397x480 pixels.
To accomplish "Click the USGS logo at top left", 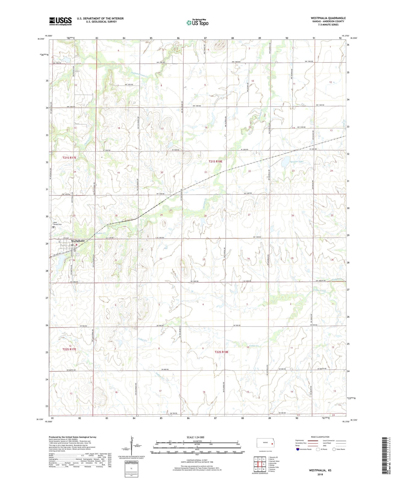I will point(60,21).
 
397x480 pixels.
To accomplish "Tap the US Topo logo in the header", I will point(197,23).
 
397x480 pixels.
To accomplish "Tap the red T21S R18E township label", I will point(215,162).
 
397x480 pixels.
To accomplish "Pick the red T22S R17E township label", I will point(69,349).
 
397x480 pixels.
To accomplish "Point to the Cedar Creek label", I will point(319,291).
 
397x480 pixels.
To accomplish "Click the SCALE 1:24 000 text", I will point(195,437).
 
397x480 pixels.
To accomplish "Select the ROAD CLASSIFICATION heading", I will point(320,437).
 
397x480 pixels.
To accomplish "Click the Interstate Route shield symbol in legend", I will point(298,449).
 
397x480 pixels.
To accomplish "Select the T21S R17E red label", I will point(69,158).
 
